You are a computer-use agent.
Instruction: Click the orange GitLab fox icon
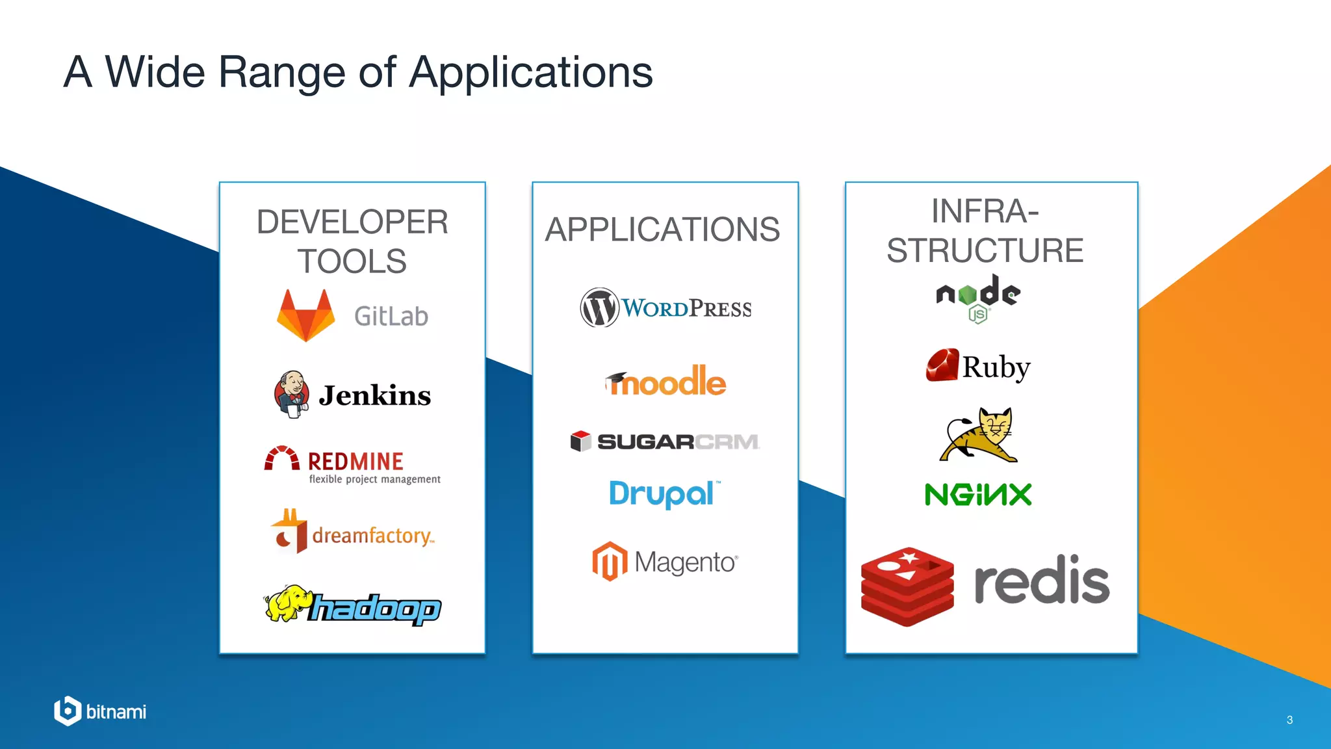305,315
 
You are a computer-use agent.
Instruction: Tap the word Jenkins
375,395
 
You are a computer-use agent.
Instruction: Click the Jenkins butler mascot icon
291,394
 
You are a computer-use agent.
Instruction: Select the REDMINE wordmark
355,461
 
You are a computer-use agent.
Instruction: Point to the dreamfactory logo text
372,536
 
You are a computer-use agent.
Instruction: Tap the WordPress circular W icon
599,308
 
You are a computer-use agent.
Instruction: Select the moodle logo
665,382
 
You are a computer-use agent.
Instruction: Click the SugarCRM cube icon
580,441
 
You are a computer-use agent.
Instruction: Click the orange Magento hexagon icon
610,561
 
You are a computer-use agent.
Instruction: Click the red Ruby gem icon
942,365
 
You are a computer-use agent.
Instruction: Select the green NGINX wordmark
978,495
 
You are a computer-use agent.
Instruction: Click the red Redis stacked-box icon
907,586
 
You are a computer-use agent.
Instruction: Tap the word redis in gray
1041,581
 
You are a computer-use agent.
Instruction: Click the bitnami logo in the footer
101,711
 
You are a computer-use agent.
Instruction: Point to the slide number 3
1289,720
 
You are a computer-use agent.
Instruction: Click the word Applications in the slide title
530,72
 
